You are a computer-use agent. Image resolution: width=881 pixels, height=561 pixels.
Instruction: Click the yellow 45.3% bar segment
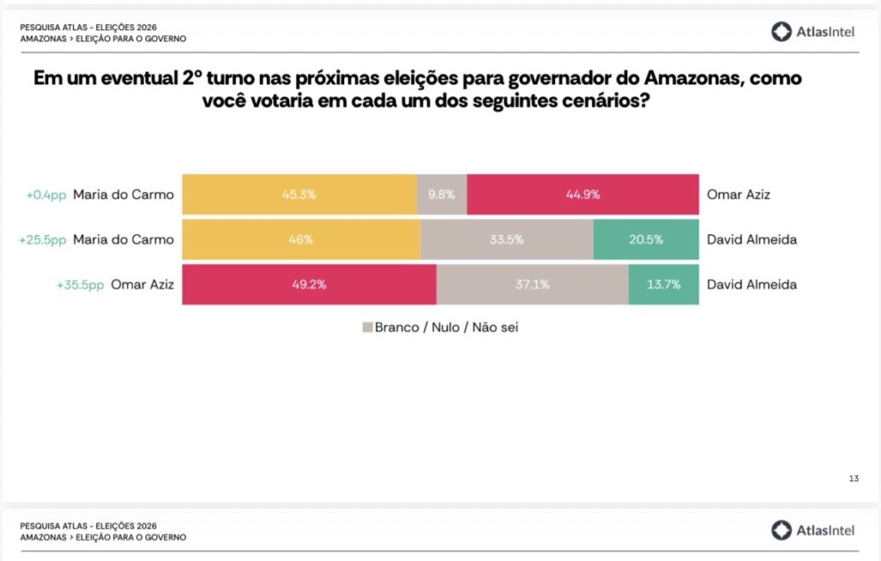tap(299, 194)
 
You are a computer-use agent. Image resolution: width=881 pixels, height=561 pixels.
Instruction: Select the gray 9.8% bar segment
tap(441, 194)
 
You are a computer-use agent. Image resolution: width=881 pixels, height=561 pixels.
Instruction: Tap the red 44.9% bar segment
tap(582, 194)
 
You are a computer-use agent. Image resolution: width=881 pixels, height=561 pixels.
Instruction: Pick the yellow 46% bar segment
tap(300, 239)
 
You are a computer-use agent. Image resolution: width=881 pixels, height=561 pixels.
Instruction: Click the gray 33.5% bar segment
tap(507, 239)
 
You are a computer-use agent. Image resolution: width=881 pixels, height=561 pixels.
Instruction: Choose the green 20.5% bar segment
tap(646, 239)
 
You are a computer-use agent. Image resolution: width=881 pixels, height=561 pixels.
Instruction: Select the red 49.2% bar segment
tap(309, 285)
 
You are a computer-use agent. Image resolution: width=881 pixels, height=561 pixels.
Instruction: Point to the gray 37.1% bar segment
tap(532, 285)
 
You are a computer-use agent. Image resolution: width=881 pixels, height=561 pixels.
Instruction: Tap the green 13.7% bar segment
tap(663, 285)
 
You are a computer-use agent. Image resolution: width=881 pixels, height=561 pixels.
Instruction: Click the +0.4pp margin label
tap(46, 194)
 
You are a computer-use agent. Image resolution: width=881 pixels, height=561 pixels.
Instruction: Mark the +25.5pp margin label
tap(42, 239)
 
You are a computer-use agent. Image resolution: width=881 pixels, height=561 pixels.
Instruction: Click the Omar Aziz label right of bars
tap(737, 194)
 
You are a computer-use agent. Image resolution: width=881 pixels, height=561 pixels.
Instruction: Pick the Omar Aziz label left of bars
tap(142, 285)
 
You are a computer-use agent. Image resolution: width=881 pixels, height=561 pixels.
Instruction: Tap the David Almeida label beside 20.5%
tap(751, 239)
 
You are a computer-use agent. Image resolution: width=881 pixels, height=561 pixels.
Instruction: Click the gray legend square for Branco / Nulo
tap(367, 328)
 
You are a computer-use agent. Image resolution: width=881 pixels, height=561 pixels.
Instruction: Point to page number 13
tap(853, 478)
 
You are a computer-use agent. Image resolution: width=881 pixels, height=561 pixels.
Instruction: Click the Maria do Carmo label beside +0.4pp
tap(123, 194)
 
